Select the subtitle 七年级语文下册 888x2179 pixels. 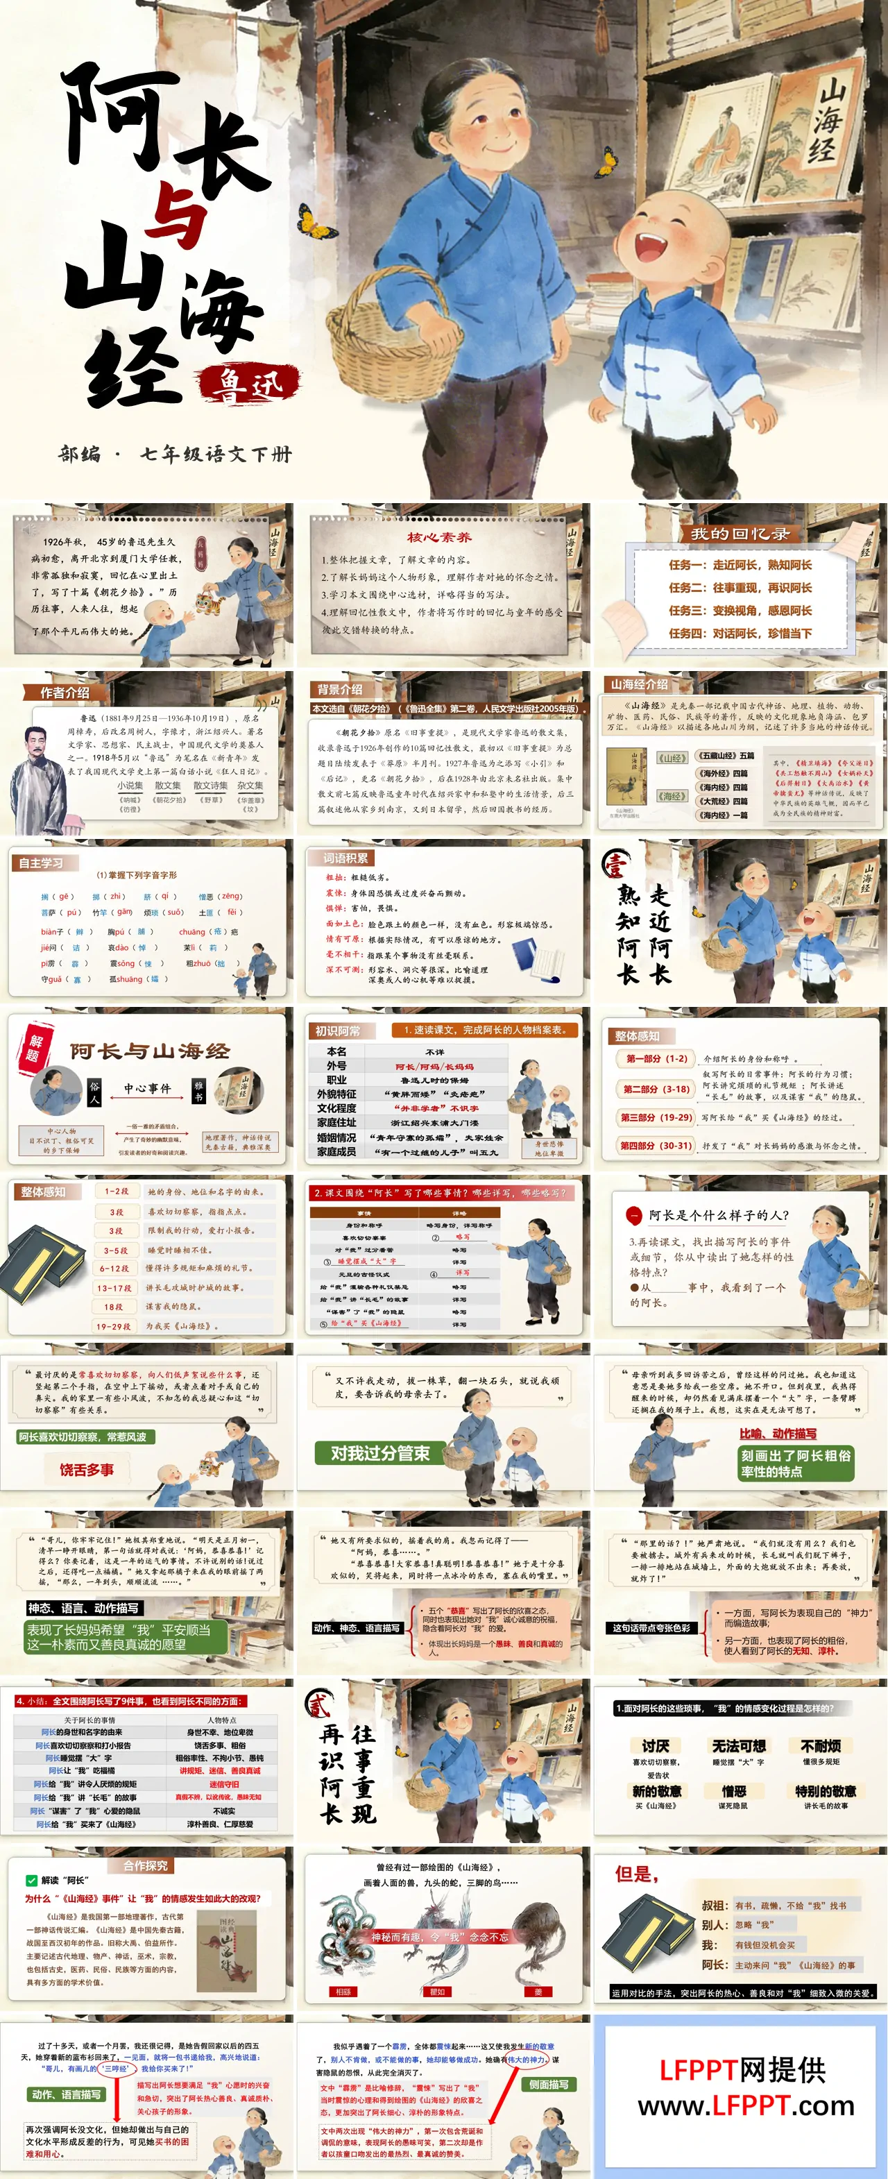[216, 455]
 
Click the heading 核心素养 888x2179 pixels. [439, 536]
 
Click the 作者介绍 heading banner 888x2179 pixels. [65, 692]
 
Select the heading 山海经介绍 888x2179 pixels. [640, 684]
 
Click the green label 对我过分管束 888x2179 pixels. [379, 1452]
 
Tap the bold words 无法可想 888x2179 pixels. [738, 1745]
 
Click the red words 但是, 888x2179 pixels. [636, 1874]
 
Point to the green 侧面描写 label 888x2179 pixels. [548, 2084]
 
